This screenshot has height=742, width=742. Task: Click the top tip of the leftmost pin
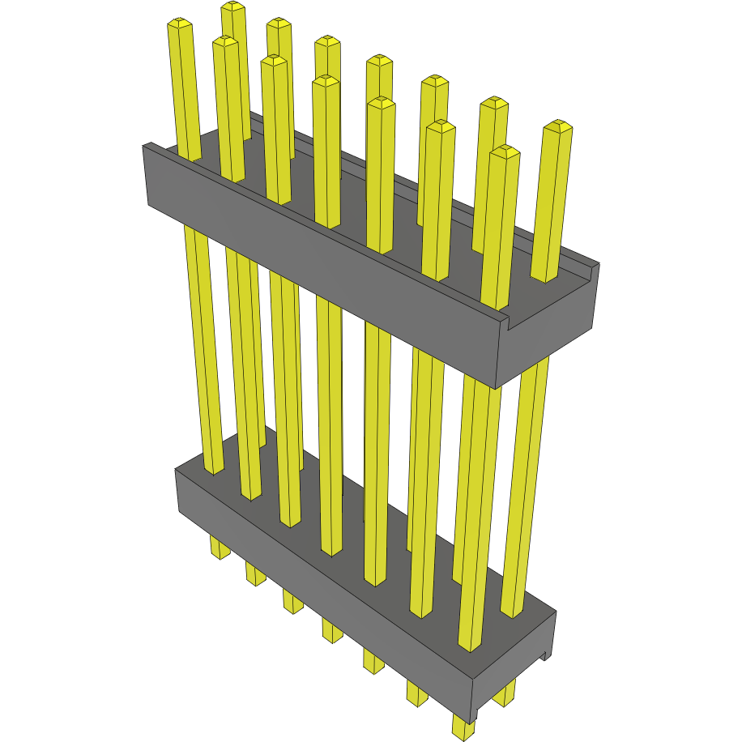(180, 24)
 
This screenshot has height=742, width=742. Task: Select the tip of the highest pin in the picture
(233, 6)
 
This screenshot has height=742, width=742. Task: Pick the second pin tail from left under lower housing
(255, 576)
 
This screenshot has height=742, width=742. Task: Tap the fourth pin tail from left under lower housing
(332, 630)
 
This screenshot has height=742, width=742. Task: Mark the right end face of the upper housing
(551, 332)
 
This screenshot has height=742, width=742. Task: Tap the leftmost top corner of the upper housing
(144, 146)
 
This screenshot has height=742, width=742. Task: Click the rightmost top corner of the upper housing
(599, 264)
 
